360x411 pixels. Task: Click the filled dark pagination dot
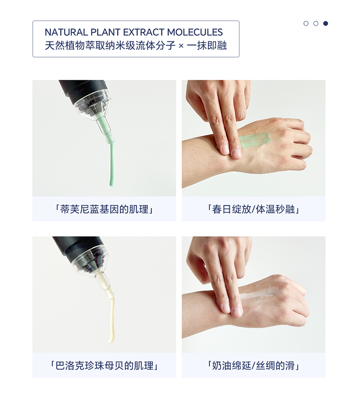[x=325, y=24]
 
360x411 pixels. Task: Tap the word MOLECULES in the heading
[x=195, y=32]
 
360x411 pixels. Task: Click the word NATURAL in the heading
[x=66, y=32]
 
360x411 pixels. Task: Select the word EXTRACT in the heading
[x=144, y=32]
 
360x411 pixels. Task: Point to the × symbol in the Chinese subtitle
[x=181, y=46]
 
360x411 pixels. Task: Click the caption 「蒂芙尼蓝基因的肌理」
[x=104, y=209]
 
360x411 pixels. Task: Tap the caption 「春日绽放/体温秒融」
[x=253, y=209]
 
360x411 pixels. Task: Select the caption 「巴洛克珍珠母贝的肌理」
[x=104, y=365]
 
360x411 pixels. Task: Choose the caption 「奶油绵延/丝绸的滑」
[x=253, y=365]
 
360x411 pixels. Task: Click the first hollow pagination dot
[x=306, y=24]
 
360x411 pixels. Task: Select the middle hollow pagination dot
[x=316, y=24]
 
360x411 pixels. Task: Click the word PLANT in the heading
[x=106, y=32]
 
